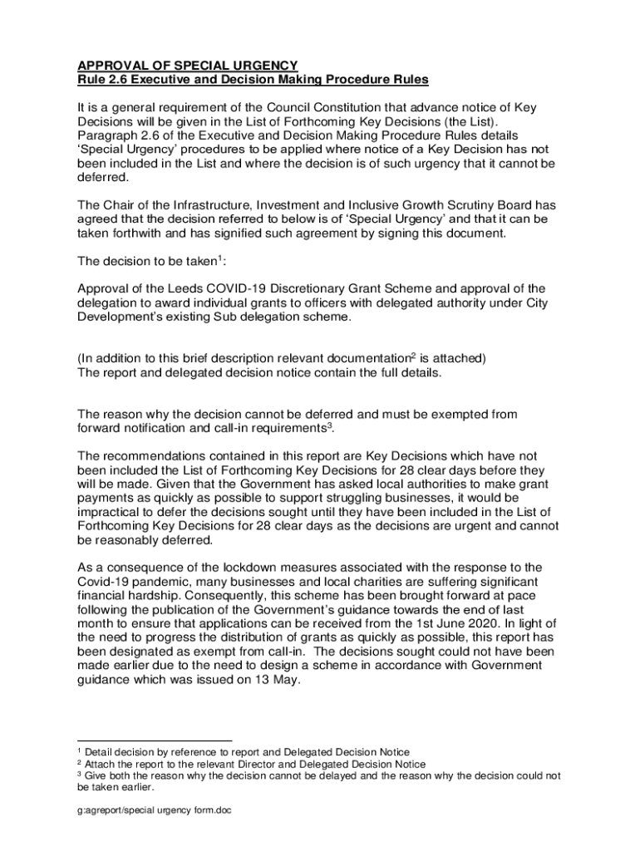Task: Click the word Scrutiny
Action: pyautogui.click(x=452, y=205)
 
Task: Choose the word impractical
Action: pyautogui.click(x=114, y=510)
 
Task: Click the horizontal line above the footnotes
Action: pyautogui.click(x=155, y=740)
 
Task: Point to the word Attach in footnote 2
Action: pyautogui.click(x=101, y=764)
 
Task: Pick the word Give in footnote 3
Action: pyautogui.click(x=97, y=775)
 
